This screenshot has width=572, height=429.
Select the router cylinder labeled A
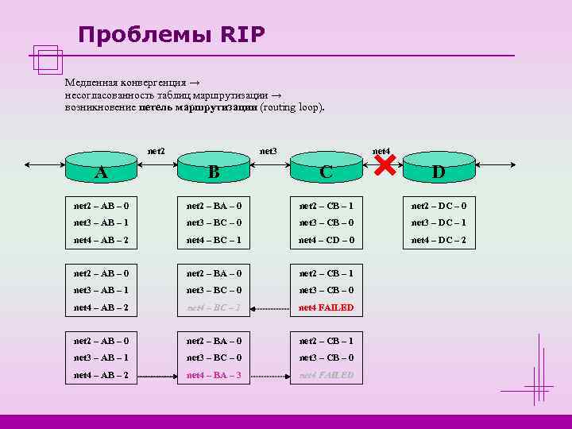tap(101, 168)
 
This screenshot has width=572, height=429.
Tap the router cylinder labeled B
tap(214, 168)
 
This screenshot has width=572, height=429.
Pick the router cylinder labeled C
tap(326, 168)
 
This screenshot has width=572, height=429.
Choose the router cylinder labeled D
tap(439, 168)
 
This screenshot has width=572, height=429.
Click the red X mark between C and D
tap(385, 164)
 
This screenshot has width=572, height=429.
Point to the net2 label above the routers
tap(157, 151)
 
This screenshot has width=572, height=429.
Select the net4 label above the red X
tap(381, 151)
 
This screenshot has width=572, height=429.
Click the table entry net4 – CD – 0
tap(326, 240)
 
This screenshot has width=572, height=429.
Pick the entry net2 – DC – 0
tap(439, 206)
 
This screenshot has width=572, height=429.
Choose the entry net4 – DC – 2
tap(439, 240)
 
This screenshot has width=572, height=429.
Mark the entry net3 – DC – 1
tap(439, 222)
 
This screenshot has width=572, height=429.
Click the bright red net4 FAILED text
tap(326, 307)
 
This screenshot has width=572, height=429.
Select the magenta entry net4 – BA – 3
tap(214, 375)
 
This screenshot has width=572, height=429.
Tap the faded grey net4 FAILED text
tap(326, 375)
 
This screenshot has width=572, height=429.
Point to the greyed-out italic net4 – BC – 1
tap(214, 307)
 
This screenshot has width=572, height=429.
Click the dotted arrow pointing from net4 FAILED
tap(270, 307)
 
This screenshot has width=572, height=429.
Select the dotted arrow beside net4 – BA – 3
tap(270, 375)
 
